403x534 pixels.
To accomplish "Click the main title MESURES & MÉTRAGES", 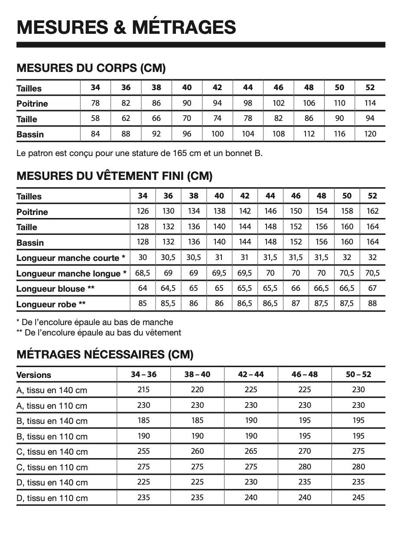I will tap(126, 26).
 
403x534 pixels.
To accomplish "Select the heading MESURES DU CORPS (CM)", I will tap(91, 68).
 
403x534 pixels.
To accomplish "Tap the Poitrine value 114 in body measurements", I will tap(370, 103).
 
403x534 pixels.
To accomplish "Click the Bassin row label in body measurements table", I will tap(30, 134).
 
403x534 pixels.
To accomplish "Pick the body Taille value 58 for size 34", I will tap(95, 118).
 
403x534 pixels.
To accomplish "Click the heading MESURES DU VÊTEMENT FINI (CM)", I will tap(114, 176).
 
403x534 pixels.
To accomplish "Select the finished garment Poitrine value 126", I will tap(143, 211).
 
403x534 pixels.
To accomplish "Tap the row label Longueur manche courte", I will tap(71, 258).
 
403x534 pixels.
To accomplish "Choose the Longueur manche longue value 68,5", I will tap(143, 273).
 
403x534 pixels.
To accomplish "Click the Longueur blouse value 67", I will tap(372, 288).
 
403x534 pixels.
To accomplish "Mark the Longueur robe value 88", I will tap(372, 303).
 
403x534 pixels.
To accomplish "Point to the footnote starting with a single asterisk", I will tap(94, 322).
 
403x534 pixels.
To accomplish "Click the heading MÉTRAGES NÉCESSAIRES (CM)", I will tap(104, 354).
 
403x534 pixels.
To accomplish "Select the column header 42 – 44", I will tap(251, 374).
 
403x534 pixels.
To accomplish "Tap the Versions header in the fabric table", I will tap(34, 375).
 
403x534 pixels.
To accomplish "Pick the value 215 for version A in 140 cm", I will tap(143, 389).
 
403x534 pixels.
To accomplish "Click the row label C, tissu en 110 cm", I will tap(52, 467).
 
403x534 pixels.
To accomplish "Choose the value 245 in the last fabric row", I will tap(358, 497).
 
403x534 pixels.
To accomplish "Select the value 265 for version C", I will tap(251, 451).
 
